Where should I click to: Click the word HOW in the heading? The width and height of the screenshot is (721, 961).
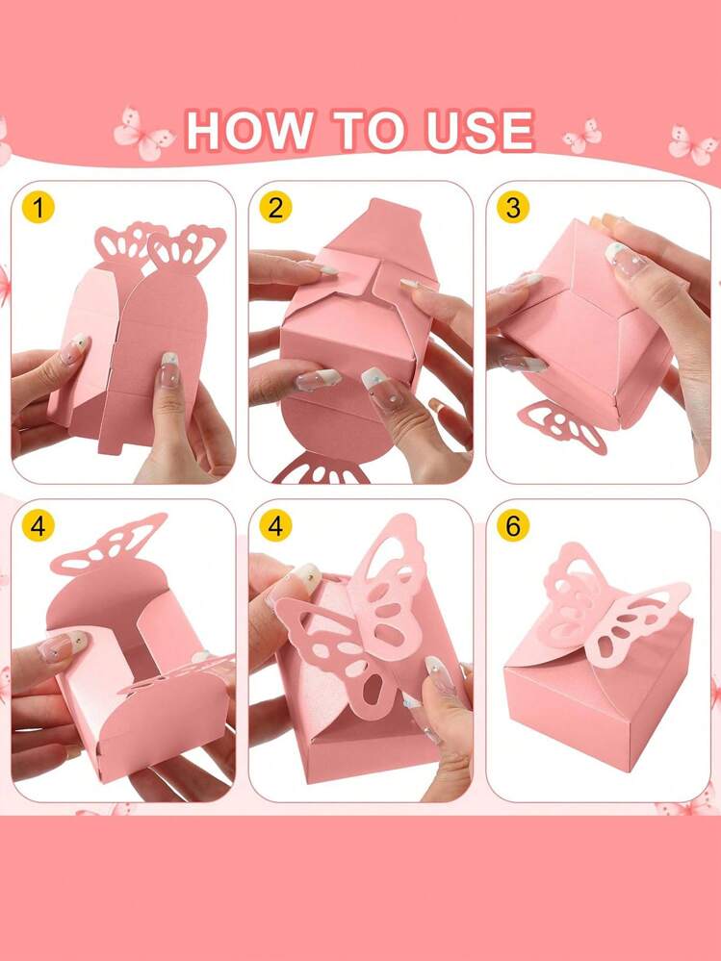[x=248, y=131]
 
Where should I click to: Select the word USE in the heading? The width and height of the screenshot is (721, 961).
[x=480, y=131]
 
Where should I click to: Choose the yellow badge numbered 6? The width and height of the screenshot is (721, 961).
[x=512, y=526]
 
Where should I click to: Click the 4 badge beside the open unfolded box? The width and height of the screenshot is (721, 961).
[x=38, y=526]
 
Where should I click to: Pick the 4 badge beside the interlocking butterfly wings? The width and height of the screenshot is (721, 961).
[x=275, y=526]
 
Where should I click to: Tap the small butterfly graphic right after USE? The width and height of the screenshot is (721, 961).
[x=582, y=136]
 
